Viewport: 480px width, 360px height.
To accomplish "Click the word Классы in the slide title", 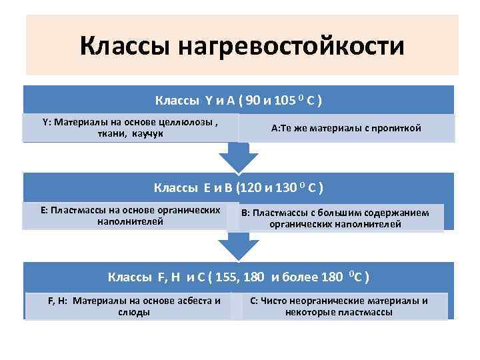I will coord(126,47).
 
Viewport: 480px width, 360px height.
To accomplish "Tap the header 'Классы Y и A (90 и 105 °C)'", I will coord(239,101).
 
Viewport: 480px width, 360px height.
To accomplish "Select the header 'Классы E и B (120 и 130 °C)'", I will coord(239,187).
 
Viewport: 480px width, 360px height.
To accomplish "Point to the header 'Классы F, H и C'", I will coord(239,276).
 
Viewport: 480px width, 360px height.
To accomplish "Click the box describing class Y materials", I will coord(130,128).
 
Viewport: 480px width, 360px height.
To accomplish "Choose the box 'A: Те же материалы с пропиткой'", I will coord(346,128).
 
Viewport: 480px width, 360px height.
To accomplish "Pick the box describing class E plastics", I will coord(130,215).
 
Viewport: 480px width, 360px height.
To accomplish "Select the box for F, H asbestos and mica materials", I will coord(133,306).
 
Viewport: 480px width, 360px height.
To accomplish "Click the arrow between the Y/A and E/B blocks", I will coord(238,159).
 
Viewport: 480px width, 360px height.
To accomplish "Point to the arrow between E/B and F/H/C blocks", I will coord(238,247).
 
